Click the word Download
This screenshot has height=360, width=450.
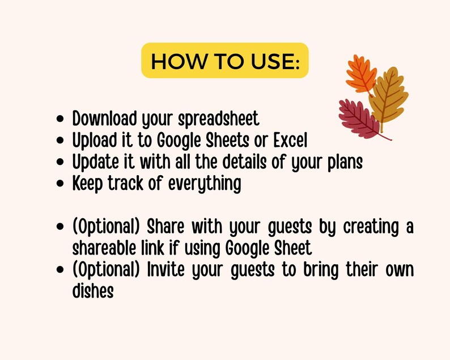[104, 119]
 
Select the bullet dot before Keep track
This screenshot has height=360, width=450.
[61, 184]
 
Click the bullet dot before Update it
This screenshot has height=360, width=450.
[61, 163]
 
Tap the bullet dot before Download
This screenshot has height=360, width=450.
[61, 120]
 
